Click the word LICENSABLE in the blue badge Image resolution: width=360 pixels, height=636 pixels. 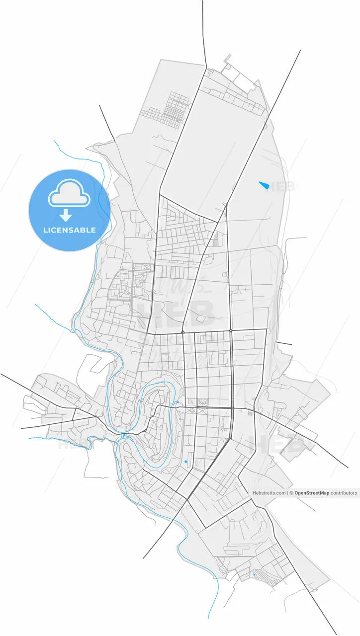[x=69, y=230]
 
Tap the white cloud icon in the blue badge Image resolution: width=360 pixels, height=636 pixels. [x=69, y=194]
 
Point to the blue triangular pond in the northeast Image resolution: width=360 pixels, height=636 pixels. [x=264, y=185]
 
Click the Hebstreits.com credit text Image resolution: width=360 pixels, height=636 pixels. [x=269, y=493]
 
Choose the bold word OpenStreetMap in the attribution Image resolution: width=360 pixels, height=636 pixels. [x=312, y=493]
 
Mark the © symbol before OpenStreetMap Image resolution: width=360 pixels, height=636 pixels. [x=292, y=493]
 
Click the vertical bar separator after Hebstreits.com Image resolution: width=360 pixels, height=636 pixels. [x=288, y=493]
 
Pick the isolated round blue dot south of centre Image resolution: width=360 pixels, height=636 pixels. [x=185, y=462]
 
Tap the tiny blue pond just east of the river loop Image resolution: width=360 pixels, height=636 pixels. [x=177, y=402]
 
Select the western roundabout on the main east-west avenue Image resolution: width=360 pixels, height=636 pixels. [x=183, y=331]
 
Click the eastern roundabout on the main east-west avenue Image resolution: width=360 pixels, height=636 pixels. [x=231, y=330]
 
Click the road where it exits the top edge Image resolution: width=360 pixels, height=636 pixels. [x=202, y=2]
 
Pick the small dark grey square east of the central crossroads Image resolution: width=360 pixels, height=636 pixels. [x=250, y=413]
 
